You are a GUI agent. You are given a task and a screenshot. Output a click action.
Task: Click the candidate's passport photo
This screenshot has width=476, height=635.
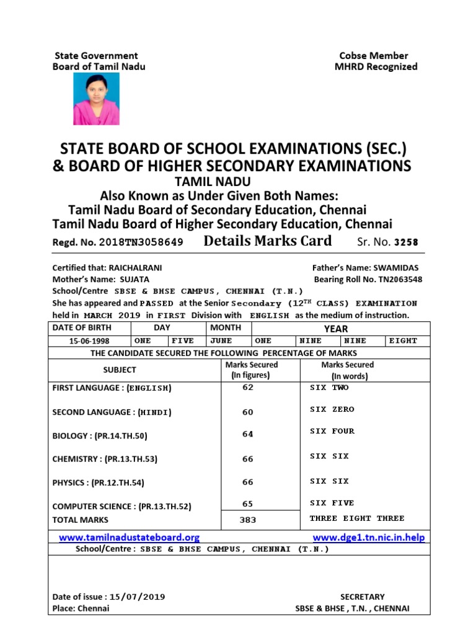point(97,99)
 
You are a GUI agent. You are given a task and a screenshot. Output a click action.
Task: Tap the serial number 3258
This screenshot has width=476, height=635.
point(407,242)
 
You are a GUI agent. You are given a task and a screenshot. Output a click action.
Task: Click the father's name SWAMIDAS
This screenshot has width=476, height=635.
point(396,268)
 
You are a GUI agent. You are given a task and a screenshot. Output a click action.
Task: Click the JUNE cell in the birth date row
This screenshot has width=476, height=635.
point(221,340)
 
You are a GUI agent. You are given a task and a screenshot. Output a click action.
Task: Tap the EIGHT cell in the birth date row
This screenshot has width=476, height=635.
point(403,340)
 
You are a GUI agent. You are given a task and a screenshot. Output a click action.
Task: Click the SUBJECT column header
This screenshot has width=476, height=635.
point(120,370)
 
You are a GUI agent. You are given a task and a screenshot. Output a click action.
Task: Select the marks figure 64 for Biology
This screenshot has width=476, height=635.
point(248,434)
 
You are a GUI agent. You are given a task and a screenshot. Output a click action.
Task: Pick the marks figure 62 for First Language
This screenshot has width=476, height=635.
point(248,388)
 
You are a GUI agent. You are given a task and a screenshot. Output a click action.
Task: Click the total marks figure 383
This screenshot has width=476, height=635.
point(248,520)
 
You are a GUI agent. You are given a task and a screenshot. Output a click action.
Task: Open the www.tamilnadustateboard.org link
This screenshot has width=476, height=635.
point(129,537)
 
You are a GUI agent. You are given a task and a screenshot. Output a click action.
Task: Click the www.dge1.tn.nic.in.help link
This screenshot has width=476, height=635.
point(369,537)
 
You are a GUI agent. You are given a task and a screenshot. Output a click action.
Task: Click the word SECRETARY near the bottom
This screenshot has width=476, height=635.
point(362,597)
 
